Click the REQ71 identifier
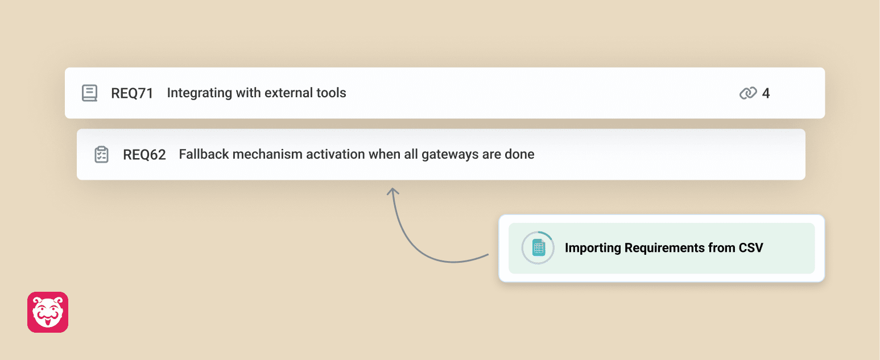132,93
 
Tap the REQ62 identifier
144,155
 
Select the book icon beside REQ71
89,93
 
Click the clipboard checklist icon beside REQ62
101,154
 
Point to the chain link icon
748,93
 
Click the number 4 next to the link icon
766,93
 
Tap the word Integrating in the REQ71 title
200,93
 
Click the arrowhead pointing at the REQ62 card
393,191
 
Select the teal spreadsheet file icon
538,248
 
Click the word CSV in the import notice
751,248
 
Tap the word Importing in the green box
593,248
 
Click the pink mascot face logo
48,312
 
